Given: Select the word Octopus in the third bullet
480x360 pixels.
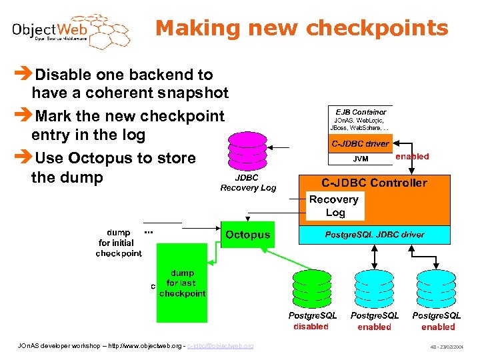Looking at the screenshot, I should tap(105, 158).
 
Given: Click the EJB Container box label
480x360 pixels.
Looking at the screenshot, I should tap(361, 112).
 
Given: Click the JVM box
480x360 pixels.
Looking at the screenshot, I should tap(360, 159).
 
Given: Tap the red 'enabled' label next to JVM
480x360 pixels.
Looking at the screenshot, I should tap(412, 157).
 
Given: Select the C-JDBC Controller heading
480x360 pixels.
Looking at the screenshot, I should tap(375, 183).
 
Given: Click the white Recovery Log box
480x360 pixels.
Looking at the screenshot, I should tap(335, 206).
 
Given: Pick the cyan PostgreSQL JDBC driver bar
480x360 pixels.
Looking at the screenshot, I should tap(374, 235).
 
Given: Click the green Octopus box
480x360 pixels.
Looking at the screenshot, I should tap(247, 235).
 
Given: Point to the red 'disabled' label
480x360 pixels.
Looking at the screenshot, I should tap(311, 327).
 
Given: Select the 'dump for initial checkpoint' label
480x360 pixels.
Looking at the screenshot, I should tap(119, 243).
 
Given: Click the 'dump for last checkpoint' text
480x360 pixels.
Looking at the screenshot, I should tap(182, 283).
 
